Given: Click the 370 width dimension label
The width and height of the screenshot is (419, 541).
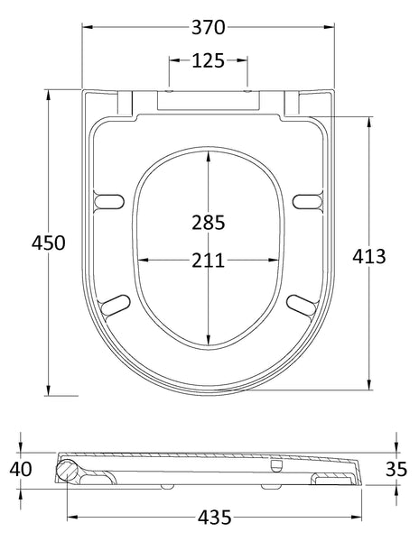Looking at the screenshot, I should (209, 27).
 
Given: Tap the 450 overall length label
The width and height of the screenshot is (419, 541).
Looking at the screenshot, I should (49, 243).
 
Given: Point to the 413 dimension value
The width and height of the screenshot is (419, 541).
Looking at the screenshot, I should (369, 256).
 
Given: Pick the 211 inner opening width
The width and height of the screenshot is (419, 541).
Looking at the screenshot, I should (209, 261).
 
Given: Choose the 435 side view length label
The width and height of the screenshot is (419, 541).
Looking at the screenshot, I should (215, 517).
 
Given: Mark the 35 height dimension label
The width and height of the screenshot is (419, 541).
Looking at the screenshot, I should (396, 469).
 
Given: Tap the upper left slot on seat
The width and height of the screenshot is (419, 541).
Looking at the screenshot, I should (110, 199).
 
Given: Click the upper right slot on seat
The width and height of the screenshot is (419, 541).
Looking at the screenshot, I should (307, 199).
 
